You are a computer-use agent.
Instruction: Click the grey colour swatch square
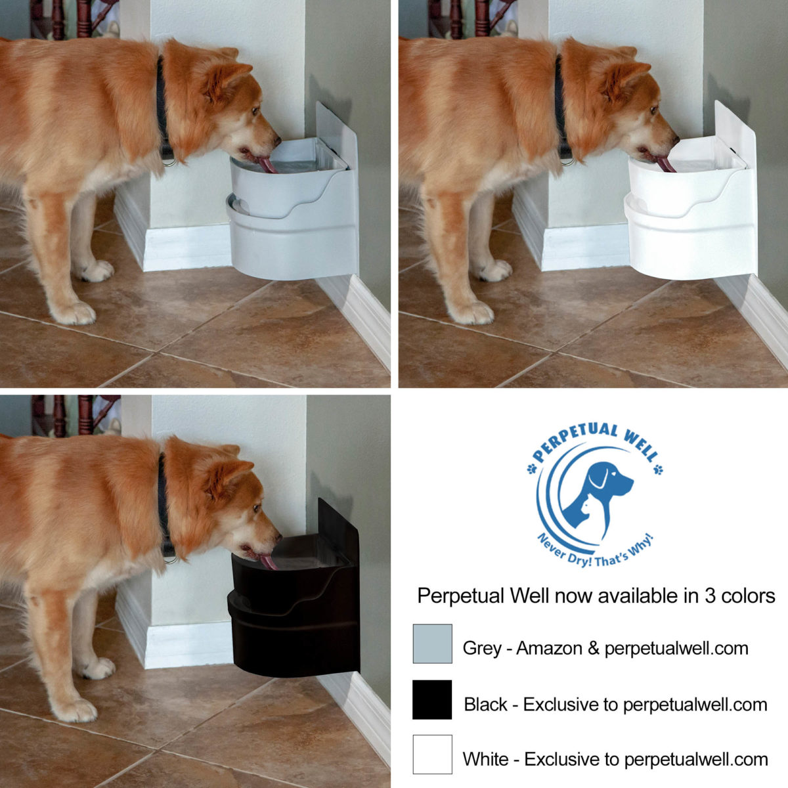tap(432, 644)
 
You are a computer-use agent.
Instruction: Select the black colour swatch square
tap(432, 699)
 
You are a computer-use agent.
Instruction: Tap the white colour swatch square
tap(432, 755)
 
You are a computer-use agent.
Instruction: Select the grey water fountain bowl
tap(292, 210)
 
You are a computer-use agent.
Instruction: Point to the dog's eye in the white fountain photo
tap(654, 110)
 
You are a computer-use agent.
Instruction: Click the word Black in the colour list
tap(485, 705)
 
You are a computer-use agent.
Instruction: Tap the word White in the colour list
tap(485, 760)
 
